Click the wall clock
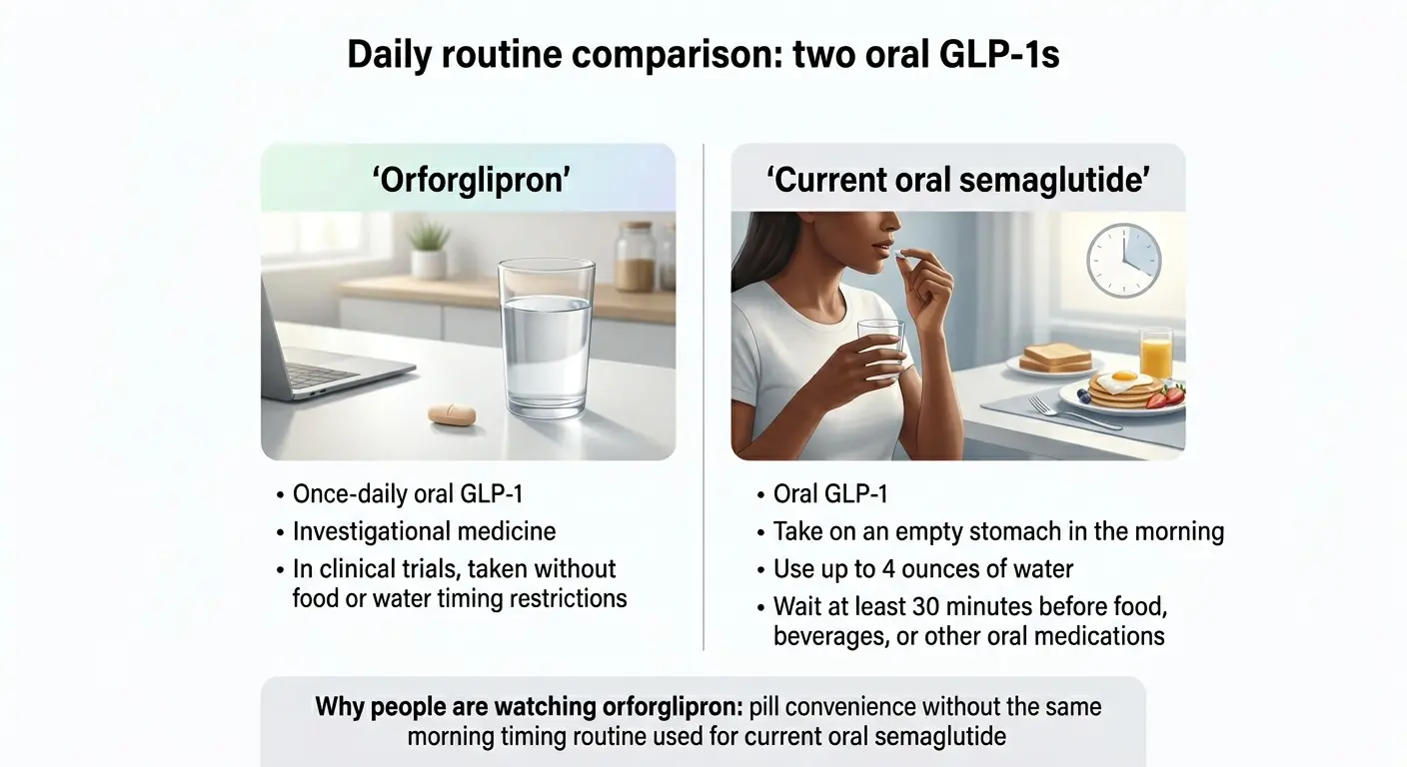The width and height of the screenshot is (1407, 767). [1123, 261]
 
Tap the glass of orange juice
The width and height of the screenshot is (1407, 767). [1155, 354]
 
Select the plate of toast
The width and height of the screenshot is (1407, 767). [1054, 360]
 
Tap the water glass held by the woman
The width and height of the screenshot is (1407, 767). [881, 350]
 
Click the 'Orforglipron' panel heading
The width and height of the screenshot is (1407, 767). [468, 180]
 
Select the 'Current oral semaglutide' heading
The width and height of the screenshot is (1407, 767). [958, 180]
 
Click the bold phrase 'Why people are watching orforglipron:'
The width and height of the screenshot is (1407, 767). [529, 707]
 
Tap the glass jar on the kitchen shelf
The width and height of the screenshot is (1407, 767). [635, 257]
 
